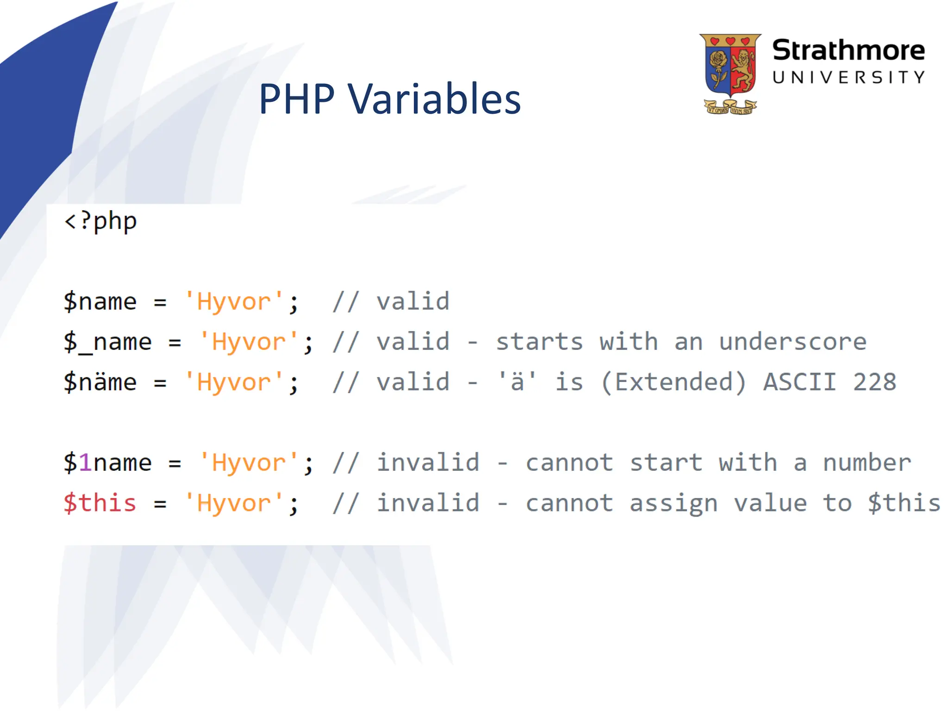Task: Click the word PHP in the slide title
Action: coord(296,99)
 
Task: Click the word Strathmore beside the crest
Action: coord(848,50)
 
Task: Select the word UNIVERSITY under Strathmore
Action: coord(848,77)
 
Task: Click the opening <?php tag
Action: coord(100,221)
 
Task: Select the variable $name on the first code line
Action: coord(100,302)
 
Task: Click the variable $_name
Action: coord(107,343)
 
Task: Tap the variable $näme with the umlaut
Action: coord(100,382)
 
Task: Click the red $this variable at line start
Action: coord(100,503)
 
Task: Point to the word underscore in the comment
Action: coord(792,342)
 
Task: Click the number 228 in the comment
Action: coord(874,382)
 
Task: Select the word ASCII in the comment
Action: coord(800,382)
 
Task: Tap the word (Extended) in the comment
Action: coord(674,382)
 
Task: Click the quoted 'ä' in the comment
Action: coord(517,382)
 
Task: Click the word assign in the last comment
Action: coord(673,503)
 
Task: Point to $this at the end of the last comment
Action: coord(904,503)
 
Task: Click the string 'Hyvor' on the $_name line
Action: coord(249,343)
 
